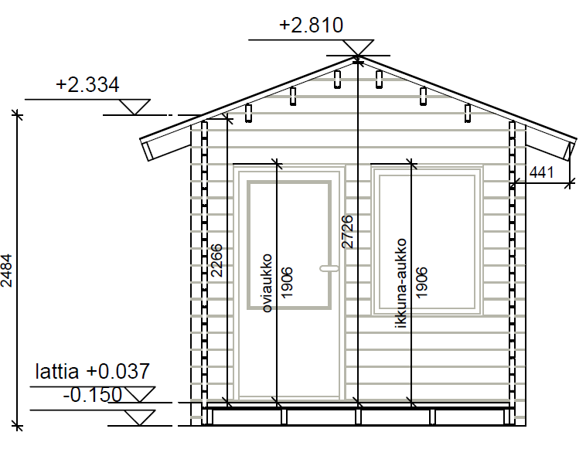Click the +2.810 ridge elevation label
[x=311, y=26]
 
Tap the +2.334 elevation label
[x=87, y=85]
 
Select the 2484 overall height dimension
[x=7, y=273]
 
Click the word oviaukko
[x=267, y=282]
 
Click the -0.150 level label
[x=92, y=395]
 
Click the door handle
[x=329, y=269]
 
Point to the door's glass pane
[x=288, y=244]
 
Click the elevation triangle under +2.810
[x=357, y=48]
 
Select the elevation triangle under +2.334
[x=138, y=107]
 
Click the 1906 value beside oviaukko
[x=287, y=283]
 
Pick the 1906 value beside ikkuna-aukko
[x=421, y=283]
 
